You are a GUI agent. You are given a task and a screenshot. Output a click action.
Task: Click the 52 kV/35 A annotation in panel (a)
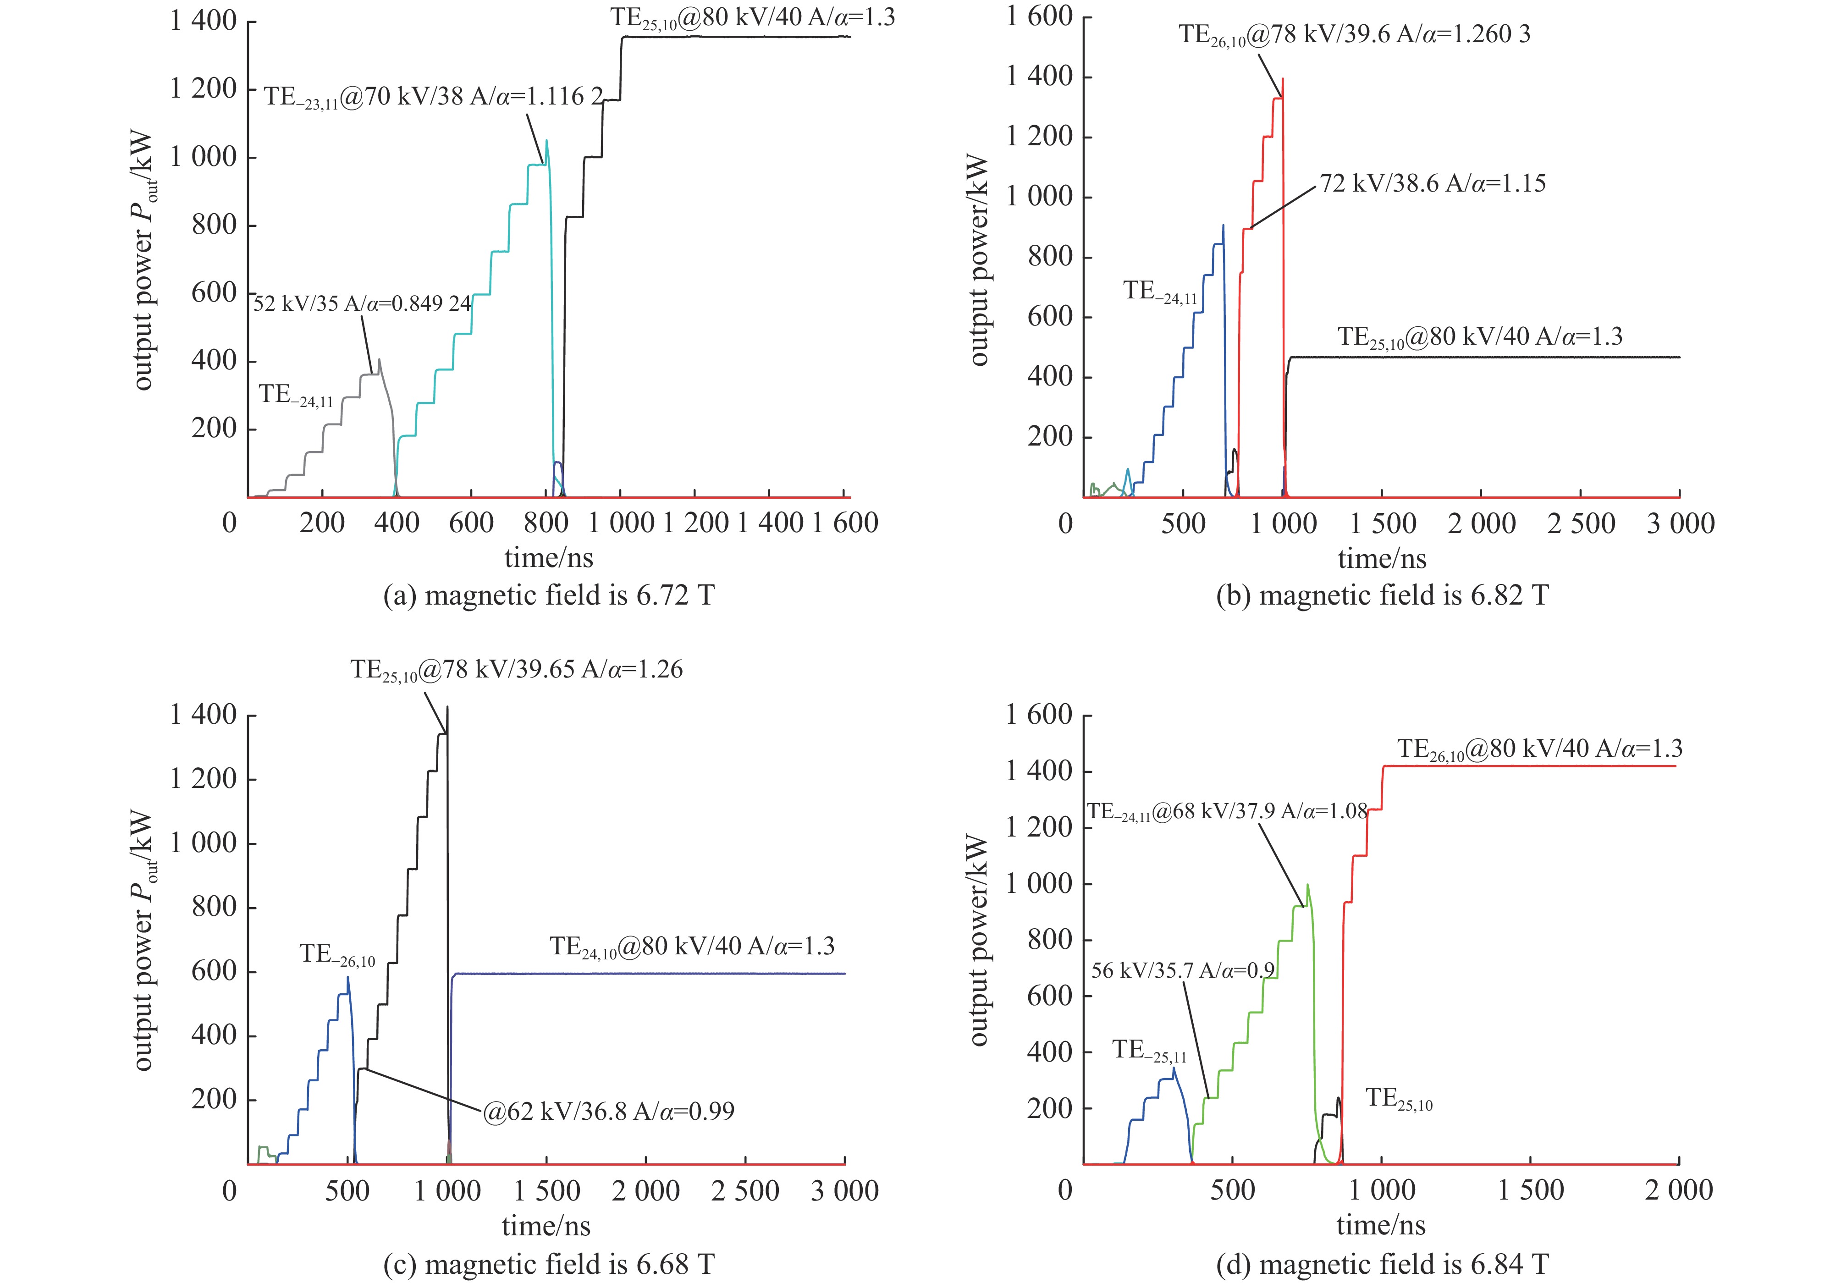pos(363,304)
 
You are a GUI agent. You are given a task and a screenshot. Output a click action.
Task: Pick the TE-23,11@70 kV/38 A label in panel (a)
pos(433,98)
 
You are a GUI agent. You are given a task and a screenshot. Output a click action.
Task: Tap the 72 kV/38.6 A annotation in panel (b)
pos(1433,184)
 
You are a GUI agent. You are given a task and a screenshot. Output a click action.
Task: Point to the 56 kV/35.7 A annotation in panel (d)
pos(1183,971)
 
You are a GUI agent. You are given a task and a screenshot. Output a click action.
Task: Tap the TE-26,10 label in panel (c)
pos(337,954)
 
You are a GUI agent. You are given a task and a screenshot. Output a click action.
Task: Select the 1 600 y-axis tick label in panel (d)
pos(1039,715)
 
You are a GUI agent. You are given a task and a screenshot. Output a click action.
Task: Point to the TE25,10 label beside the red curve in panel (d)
pos(1399,1099)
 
